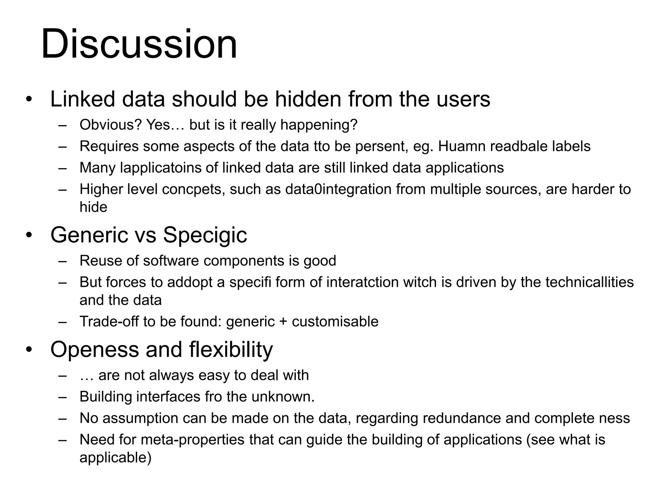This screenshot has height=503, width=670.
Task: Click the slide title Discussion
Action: coord(139,44)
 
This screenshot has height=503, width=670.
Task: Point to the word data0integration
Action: coord(338,189)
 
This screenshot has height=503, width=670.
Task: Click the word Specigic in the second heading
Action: coord(205,235)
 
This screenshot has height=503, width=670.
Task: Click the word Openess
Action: coord(95,349)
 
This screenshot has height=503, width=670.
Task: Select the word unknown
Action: coord(283,397)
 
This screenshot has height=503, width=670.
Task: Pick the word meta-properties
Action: coord(193,440)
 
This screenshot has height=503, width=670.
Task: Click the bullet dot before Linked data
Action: coord(29,100)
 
